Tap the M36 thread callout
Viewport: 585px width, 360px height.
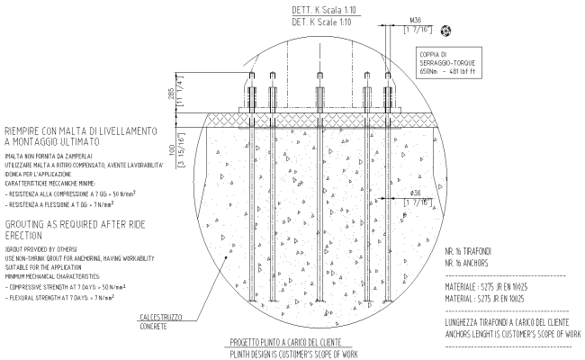[x=415, y=18]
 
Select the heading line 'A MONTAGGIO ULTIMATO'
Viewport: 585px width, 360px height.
[x=75, y=142]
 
